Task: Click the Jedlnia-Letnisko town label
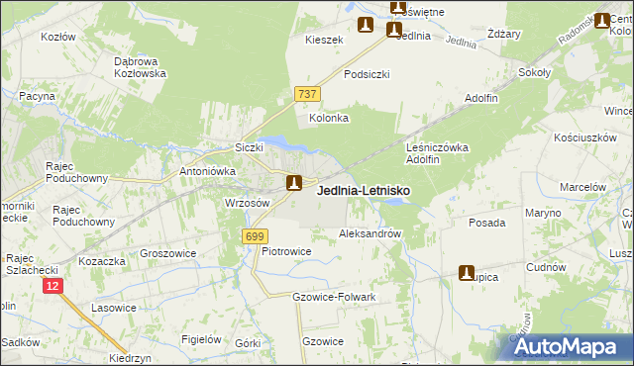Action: click(364, 191)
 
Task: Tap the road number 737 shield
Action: click(306, 93)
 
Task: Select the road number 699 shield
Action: click(255, 235)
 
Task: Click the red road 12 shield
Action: click(53, 285)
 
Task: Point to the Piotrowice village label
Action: click(287, 252)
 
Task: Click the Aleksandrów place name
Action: click(370, 234)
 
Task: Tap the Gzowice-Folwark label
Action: click(334, 297)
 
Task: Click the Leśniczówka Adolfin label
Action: click(437, 152)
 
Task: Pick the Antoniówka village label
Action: click(207, 169)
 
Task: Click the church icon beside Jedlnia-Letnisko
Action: click(294, 183)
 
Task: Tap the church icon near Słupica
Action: click(466, 272)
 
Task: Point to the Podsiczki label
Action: click(367, 74)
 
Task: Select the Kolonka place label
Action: click(330, 118)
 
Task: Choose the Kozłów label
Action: click(58, 37)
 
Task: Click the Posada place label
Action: click(487, 224)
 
